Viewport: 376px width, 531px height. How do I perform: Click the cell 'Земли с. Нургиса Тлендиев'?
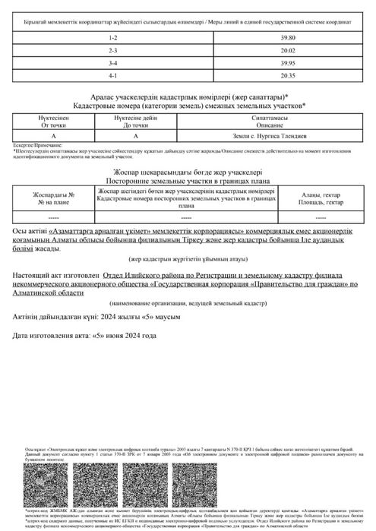(270, 134)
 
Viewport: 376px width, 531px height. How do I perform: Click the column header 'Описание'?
(270, 124)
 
